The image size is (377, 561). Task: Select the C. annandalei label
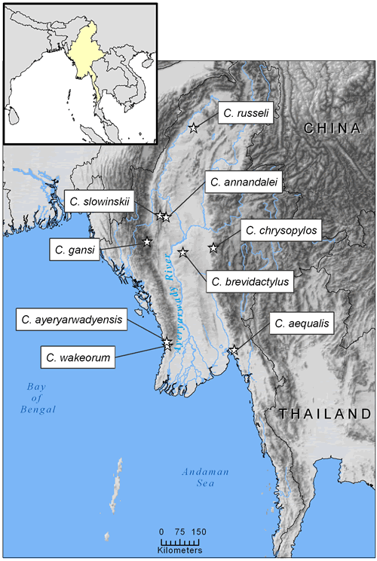(242, 182)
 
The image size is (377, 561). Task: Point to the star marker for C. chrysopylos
(213, 247)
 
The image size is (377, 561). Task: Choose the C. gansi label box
(74, 250)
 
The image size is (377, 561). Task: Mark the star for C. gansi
(147, 242)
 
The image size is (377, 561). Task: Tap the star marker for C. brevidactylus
(183, 251)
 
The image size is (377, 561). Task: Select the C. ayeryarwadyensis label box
(71, 320)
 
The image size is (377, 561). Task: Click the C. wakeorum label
(75, 356)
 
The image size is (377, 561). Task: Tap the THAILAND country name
(325, 414)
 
